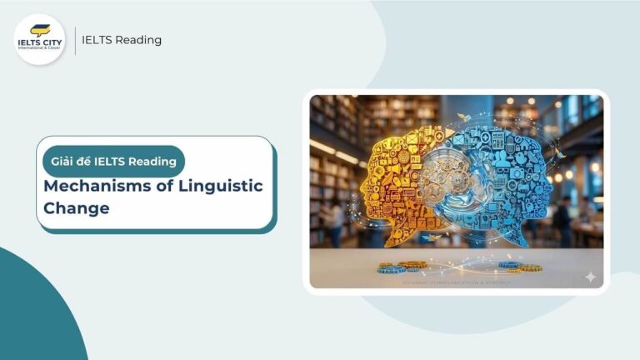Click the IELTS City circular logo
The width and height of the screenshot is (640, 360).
[39, 39]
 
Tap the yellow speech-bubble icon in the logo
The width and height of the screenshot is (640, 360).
[39, 31]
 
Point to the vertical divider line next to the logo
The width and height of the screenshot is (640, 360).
[75, 40]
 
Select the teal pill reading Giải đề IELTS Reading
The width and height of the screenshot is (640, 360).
[113, 161]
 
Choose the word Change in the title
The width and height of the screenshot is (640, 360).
[77, 207]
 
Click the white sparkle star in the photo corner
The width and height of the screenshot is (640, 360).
[590, 277]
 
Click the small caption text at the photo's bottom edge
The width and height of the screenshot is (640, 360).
[455, 282]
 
